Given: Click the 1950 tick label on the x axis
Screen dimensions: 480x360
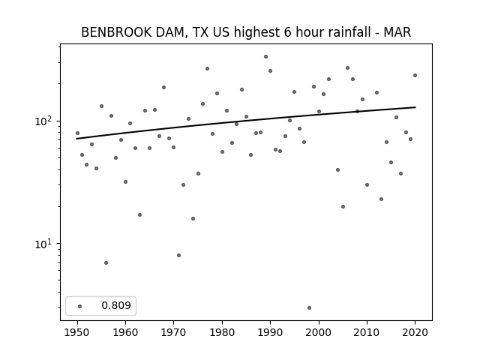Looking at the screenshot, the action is tap(77, 332).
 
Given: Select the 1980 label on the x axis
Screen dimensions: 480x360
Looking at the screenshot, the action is tap(222, 332).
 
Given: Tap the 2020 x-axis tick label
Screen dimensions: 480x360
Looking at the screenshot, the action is tap(415, 332).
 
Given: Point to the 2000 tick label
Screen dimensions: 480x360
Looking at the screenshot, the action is tap(319, 332).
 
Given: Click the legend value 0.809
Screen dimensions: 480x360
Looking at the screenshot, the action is tap(116, 305).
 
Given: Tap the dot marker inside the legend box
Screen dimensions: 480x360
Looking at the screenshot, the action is tap(80, 306).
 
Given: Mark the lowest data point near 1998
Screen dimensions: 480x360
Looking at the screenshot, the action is tap(309, 308).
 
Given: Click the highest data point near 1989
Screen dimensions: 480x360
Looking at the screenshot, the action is tap(265, 57).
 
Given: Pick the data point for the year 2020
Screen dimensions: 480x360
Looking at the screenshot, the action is tap(415, 75).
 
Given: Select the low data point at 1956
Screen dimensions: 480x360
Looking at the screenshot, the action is tap(106, 263).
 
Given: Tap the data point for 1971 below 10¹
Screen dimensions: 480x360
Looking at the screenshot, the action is tap(178, 255).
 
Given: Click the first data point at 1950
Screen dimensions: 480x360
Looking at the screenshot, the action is tap(77, 133).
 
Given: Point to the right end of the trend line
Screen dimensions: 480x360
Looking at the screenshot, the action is tap(415, 107).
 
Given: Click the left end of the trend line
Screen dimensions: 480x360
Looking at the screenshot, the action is tap(76, 139).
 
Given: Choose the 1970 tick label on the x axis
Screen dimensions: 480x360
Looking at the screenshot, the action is tap(174, 332).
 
